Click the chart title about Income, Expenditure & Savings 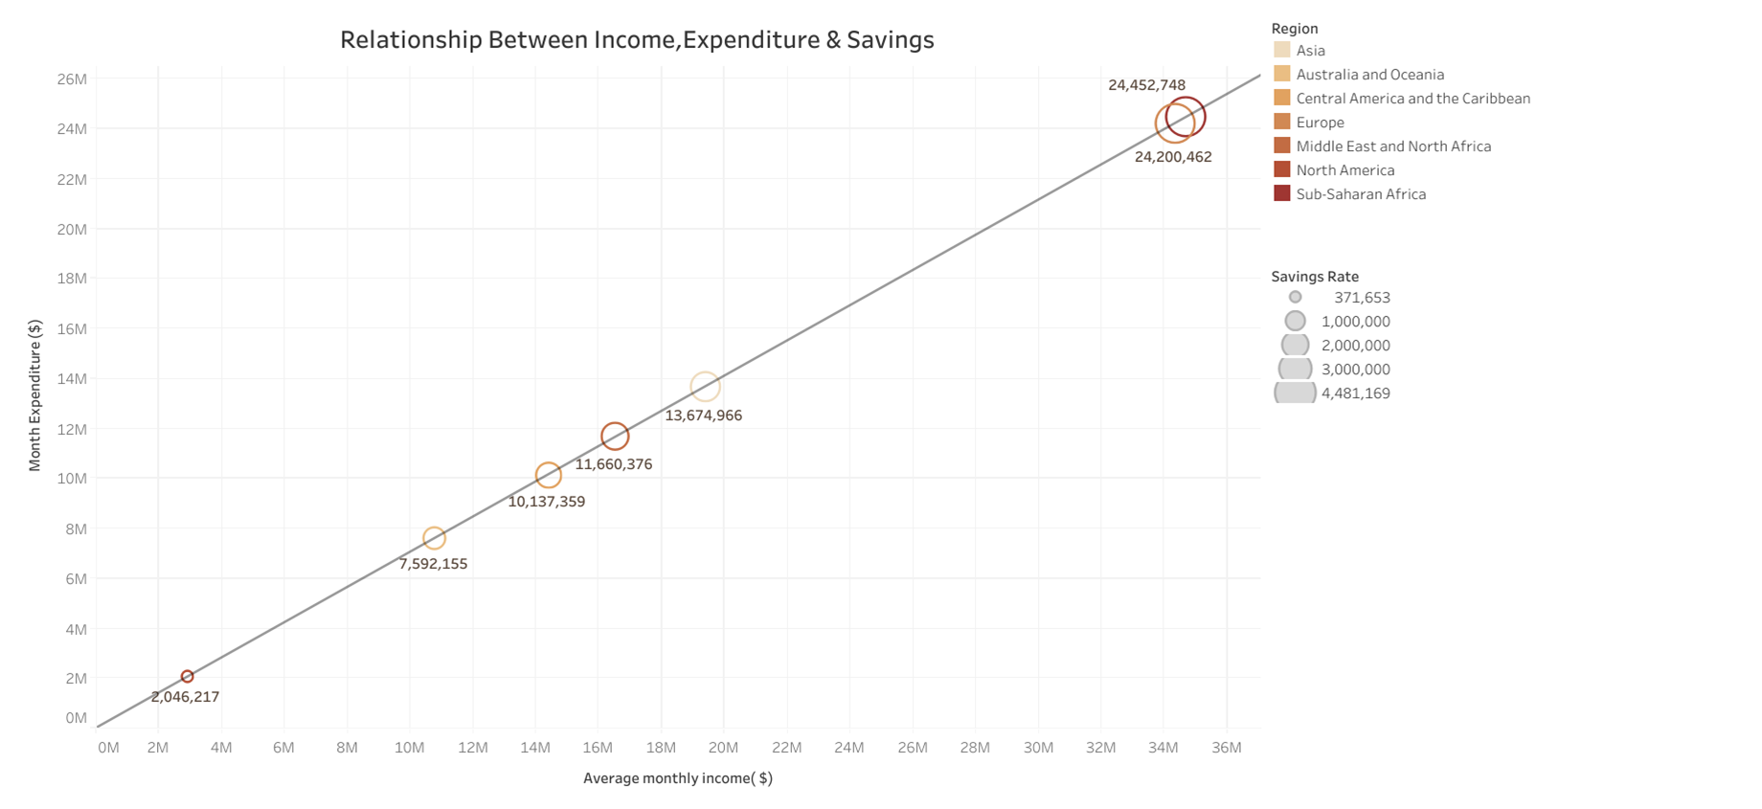point(637,39)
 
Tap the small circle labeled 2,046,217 point(188,677)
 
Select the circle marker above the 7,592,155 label point(434,539)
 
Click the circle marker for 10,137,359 point(548,475)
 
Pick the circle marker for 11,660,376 point(615,437)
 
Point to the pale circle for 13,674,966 point(705,387)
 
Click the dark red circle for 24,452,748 point(1186,117)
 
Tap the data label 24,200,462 point(1173,157)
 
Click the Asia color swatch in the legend point(1281,50)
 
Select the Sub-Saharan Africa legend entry point(1360,194)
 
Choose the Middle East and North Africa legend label point(1392,146)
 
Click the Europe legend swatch point(1281,122)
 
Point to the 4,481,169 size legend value point(1355,393)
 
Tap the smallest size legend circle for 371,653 point(1295,298)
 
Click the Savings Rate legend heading point(1314,277)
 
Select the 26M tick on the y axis point(72,79)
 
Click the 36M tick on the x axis point(1227,748)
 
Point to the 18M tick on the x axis point(661,748)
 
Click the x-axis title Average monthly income point(677,778)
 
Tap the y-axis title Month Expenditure point(35,395)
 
